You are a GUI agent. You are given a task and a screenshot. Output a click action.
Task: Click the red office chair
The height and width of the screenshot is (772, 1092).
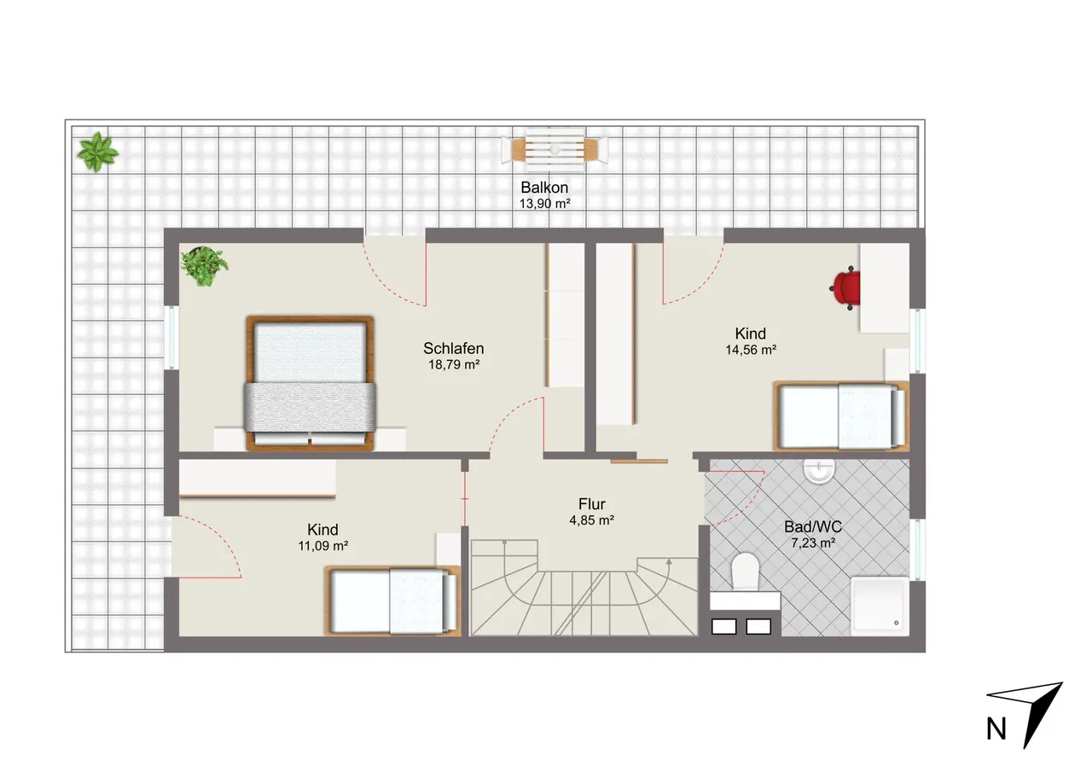[x=845, y=288]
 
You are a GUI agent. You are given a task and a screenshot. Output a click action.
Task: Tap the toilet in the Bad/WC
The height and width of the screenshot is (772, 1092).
[x=746, y=571]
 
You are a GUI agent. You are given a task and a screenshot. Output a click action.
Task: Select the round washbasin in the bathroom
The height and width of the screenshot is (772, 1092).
[x=819, y=471]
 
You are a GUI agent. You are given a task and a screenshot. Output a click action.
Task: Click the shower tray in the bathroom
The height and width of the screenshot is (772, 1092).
[x=880, y=607]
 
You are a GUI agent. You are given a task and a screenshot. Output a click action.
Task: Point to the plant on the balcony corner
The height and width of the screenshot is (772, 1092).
[x=97, y=152]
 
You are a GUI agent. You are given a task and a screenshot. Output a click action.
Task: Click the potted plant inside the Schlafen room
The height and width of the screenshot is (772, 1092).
[x=204, y=266]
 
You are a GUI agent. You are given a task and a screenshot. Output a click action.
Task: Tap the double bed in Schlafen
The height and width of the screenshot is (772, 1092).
[x=310, y=383]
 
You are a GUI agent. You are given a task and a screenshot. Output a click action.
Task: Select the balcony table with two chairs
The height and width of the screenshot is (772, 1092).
[x=555, y=149]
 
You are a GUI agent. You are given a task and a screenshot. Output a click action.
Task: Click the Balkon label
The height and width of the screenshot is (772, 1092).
[x=544, y=188]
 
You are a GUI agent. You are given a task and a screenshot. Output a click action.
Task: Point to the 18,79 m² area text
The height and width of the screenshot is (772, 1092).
[x=454, y=364]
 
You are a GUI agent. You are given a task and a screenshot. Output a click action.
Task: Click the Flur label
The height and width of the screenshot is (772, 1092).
[x=592, y=504]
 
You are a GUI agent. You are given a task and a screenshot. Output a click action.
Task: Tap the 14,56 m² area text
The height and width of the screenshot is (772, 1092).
[x=751, y=350]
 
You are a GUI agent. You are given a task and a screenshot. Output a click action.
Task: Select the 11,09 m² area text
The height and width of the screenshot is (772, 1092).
[x=322, y=546]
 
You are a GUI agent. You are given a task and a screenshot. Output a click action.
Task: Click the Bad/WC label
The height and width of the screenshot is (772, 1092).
[x=813, y=527]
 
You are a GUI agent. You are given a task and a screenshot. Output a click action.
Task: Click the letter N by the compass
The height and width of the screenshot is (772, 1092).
[x=996, y=729]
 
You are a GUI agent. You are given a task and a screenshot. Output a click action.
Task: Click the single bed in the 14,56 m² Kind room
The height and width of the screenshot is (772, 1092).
[x=841, y=415]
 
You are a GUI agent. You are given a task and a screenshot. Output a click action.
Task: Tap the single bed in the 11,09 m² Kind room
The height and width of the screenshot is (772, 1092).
[x=392, y=601]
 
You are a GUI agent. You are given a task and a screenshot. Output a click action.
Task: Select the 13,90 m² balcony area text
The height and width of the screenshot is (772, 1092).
[x=544, y=204]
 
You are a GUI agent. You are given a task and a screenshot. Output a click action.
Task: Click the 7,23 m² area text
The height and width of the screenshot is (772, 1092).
[x=813, y=543]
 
